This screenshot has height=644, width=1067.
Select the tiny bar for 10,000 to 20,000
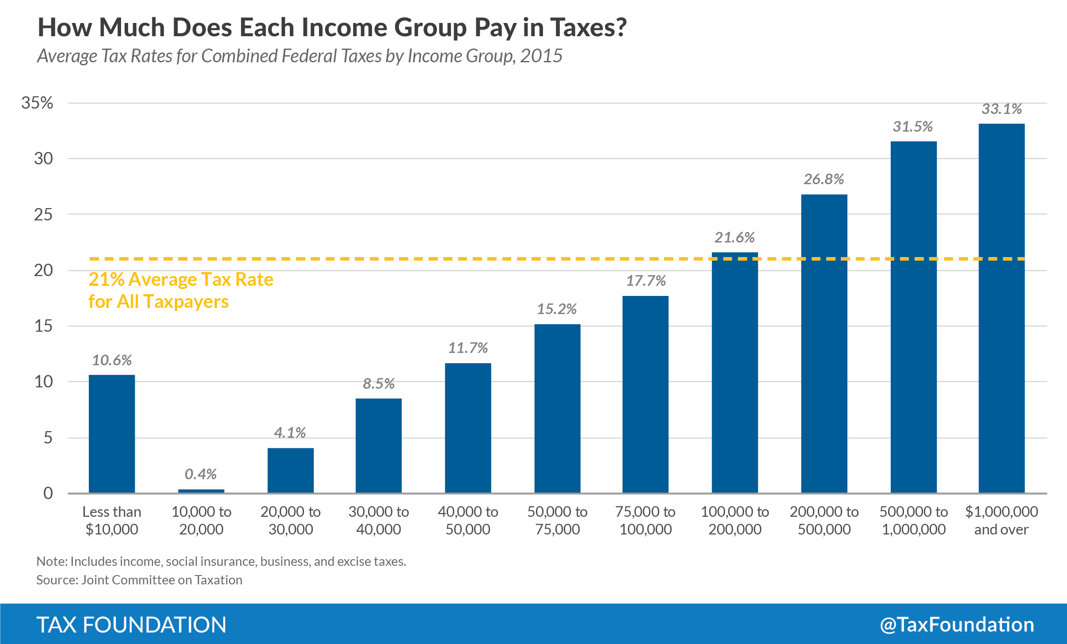[x=201, y=491]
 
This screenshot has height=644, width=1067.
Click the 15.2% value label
[x=557, y=309]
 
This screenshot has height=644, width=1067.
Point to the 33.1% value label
[x=1001, y=109]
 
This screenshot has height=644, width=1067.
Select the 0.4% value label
[x=201, y=474]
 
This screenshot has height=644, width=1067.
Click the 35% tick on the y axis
[x=37, y=103]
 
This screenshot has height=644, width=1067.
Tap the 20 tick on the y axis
[x=43, y=270]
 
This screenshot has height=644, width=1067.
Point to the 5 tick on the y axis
[x=48, y=438]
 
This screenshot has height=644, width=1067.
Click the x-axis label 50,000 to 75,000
[x=557, y=520]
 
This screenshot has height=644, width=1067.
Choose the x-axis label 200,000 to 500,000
[x=824, y=520]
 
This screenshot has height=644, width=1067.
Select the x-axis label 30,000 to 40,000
[x=379, y=520]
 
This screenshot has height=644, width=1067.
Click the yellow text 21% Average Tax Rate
[x=181, y=280]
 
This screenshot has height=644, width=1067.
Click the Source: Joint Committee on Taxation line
[x=139, y=580]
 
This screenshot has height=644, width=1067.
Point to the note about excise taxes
[x=221, y=561]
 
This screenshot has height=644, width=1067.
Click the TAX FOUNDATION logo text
[x=131, y=625]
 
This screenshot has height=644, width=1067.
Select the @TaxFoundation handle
[x=957, y=625]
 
